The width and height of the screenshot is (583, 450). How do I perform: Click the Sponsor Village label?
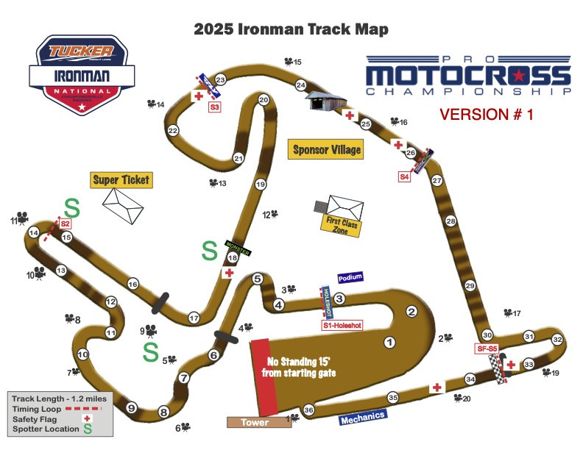[x=327, y=149]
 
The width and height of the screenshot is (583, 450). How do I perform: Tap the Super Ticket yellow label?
[x=121, y=179]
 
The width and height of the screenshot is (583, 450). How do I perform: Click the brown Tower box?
[x=253, y=422]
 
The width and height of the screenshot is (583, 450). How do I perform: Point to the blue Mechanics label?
[x=362, y=417]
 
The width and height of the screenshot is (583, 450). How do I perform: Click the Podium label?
[x=351, y=279]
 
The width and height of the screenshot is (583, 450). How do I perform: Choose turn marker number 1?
[x=390, y=341]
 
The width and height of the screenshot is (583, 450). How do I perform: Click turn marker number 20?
[x=264, y=100]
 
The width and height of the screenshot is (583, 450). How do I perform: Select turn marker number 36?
[x=309, y=410]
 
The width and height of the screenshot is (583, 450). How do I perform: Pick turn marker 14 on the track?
[x=33, y=232]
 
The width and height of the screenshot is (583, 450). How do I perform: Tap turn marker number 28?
[x=451, y=221]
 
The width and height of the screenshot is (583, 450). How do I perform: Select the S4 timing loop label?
[x=405, y=176]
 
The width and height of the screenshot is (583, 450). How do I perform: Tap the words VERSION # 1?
[x=487, y=114]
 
